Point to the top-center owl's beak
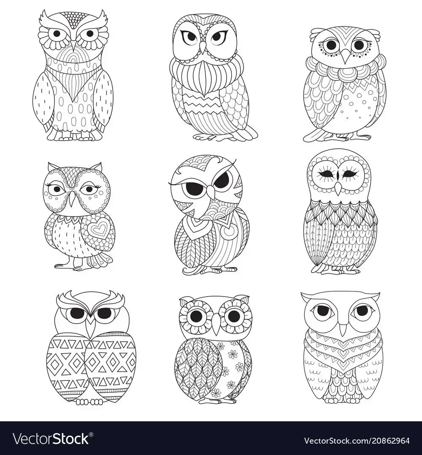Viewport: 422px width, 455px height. point(203,46)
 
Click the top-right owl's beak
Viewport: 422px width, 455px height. point(345,56)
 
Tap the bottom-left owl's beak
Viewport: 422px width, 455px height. point(92,325)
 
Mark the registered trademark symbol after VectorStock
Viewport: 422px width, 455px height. point(91,434)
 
